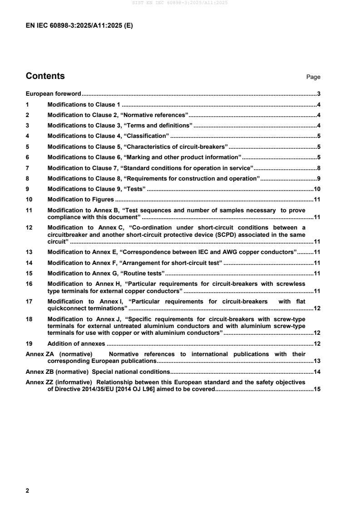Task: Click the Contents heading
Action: (45, 76)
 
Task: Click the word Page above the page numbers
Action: (313, 77)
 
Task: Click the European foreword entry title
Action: (53, 94)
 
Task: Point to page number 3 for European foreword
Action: (319, 94)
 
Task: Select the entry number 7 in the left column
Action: (28, 168)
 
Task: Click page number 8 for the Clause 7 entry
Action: (319, 168)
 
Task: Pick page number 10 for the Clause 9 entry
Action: (317, 189)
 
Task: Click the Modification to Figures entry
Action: (80, 199)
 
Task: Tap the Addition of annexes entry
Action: (76, 343)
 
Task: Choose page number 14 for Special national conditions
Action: (317, 372)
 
